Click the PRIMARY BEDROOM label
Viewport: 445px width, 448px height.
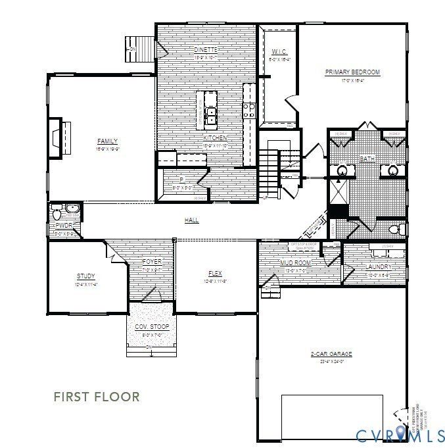coord(352,72)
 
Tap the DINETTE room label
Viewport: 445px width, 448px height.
coord(205,50)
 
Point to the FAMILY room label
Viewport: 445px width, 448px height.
coord(107,141)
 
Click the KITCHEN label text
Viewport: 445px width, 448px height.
coord(215,137)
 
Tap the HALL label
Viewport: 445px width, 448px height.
coord(191,220)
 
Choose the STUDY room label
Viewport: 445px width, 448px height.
coord(86,276)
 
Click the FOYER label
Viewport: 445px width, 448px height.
coord(152,262)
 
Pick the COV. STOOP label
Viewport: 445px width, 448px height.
coord(152,327)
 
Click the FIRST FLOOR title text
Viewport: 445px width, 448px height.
coord(97,397)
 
